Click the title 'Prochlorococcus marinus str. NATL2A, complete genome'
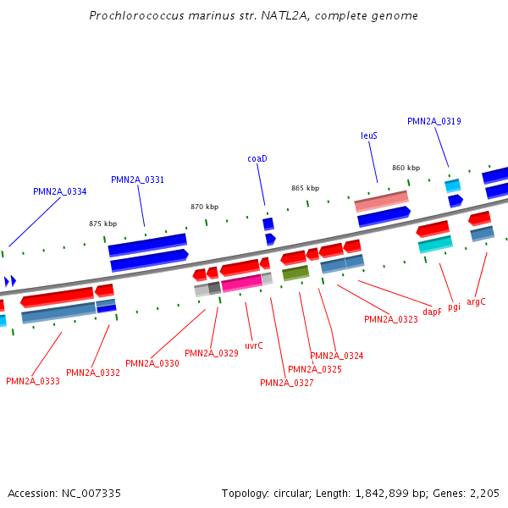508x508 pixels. (253, 16)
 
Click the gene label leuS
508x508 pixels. (369, 135)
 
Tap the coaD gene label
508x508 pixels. (257, 158)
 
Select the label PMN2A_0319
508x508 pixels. (433, 121)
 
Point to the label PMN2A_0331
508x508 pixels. (137, 179)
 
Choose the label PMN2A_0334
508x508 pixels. (59, 191)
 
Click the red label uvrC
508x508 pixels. (254, 345)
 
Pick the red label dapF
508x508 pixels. (432, 312)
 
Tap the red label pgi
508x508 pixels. (455, 306)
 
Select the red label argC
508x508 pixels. (476, 301)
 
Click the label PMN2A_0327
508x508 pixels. (286, 383)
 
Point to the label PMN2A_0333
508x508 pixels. (32, 381)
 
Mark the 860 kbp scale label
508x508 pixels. (406, 168)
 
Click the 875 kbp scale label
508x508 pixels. (102, 224)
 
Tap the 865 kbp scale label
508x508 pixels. (305, 188)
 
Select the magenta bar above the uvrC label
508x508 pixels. (241, 282)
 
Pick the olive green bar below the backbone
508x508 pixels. (295, 273)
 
